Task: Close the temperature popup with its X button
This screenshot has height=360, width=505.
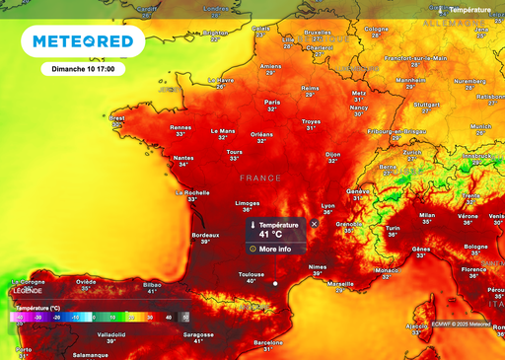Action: coord(315,224)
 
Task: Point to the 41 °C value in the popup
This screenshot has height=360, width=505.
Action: coord(271,235)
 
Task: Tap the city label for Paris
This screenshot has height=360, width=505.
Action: coord(272,103)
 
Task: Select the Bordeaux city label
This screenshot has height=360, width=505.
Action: coord(204,235)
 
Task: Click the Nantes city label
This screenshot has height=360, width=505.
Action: coord(182,158)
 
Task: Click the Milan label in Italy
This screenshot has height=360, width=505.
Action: coord(427,214)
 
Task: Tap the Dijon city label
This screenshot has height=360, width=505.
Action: coord(332,155)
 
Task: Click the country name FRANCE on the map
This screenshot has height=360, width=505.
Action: coord(260,178)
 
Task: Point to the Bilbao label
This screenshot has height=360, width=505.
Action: coord(152,284)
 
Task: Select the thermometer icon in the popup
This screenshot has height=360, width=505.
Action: coord(252,226)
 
